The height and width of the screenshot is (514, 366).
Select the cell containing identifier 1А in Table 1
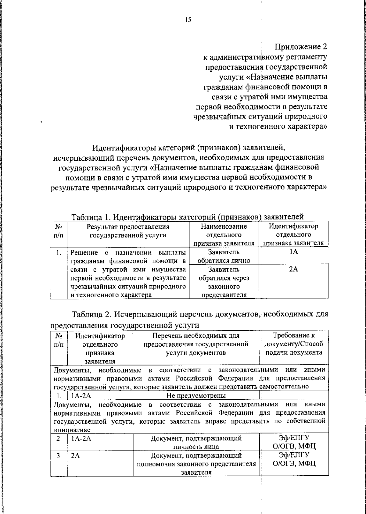[293, 252]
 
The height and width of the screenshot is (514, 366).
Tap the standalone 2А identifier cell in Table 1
[293, 269]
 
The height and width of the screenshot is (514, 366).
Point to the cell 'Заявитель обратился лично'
[224, 256]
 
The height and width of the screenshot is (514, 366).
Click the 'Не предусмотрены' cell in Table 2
[196, 396]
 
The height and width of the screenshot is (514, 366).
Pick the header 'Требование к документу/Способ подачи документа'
[294, 344]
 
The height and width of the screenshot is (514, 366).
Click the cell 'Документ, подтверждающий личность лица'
[196, 443]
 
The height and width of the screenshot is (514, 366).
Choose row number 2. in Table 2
[59, 439]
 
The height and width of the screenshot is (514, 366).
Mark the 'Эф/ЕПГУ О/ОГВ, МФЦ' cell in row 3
[294, 459]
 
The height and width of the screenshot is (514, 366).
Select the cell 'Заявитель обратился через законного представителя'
[224, 282]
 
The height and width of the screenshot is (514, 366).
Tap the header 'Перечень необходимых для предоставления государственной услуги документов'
[196, 344]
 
